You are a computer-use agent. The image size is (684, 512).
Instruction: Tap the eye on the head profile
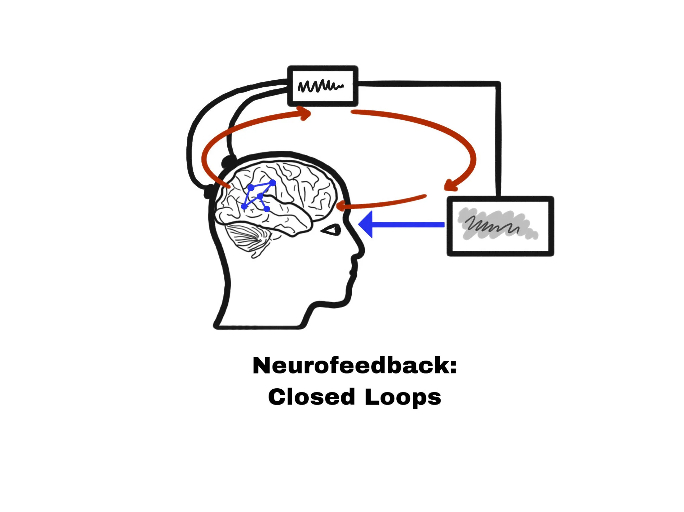pos(331,230)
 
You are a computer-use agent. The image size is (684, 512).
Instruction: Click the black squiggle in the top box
pos(320,86)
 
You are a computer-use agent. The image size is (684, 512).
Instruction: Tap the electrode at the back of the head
pos(210,192)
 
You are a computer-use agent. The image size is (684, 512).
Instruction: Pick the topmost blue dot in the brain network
pos(273,183)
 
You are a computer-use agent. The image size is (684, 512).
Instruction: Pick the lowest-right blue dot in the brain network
pos(267,209)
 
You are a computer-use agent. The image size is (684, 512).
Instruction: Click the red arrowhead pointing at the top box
pos(306,113)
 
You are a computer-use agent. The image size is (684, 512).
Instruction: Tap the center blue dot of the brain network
pos(260,196)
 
